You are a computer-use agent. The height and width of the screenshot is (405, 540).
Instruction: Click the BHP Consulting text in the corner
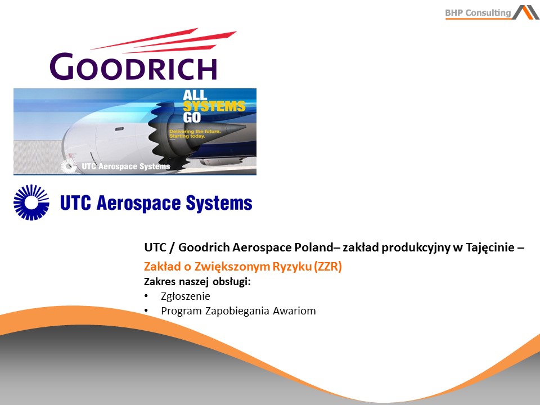pyautogui.click(x=478, y=13)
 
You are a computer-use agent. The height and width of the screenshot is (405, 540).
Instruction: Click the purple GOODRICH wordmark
pyautogui.click(x=133, y=66)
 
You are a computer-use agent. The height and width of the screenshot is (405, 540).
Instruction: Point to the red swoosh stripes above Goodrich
pyautogui.click(x=164, y=40)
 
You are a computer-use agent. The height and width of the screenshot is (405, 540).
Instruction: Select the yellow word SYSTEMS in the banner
pyautogui.click(x=214, y=106)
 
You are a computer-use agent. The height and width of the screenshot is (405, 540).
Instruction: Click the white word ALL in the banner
pyautogui.click(x=195, y=94)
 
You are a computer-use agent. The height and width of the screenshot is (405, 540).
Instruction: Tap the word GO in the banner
pyautogui.click(x=192, y=118)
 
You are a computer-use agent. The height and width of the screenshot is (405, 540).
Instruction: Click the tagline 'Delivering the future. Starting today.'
pyautogui.click(x=195, y=134)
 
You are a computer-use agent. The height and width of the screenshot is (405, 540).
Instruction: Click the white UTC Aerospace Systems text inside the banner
pyautogui.click(x=125, y=166)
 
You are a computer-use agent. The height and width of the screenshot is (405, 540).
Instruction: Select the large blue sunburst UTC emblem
pyautogui.click(x=31, y=202)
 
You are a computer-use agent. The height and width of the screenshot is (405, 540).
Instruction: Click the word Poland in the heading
pyautogui.click(x=314, y=247)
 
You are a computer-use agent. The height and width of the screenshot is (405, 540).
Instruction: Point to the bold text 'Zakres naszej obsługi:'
pyautogui.click(x=197, y=282)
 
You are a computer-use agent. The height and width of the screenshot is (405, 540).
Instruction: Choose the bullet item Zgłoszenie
pyautogui.click(x=185, y=296)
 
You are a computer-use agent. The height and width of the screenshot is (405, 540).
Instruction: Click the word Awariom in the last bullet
pyautogui.click(x=294, y=310)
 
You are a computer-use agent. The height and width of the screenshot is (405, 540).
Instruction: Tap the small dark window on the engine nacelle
pyautogui.click(x=119, y=129)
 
